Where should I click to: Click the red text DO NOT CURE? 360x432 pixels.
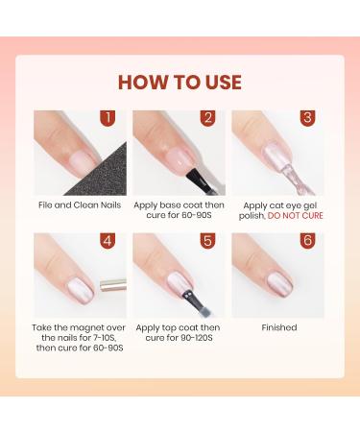[296, 216]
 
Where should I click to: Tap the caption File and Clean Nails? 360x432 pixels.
[80, 204]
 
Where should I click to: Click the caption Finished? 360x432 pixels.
[278, 327]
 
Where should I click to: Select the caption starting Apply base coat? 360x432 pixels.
[180, 210]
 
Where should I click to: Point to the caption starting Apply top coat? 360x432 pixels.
[180, 333]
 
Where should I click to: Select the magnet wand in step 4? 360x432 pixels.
[110, 283]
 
